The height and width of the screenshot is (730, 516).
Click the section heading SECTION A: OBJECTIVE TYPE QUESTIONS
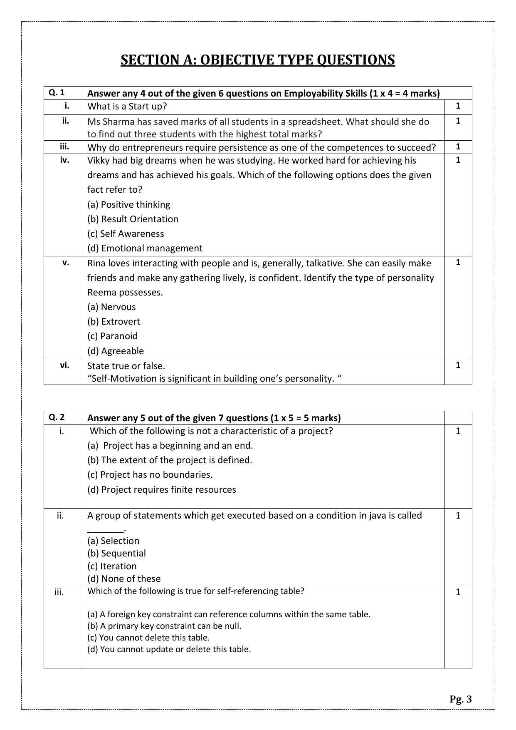click(x=258, y=60)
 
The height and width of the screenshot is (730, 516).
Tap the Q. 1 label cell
click(x=57, y=93)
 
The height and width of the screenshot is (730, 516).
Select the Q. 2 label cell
click(x=57, y=417)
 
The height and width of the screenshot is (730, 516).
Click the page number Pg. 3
click(x=460, y=699)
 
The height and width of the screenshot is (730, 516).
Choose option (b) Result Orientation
click(x=133, y=219)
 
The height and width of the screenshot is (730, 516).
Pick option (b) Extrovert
click(x=114, y=321)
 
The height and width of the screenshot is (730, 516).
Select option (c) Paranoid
click(x=112, y=336)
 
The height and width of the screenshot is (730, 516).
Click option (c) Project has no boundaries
click(x=150, y=474)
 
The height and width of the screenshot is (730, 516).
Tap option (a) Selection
click(x=113, y=541)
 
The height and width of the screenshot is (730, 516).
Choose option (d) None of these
click(x=123, y=579)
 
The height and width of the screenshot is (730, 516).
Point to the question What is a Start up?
click(x=127, y=106)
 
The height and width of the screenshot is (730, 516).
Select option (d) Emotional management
click(x=145, y=248)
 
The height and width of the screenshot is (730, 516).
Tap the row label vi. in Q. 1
click(x=64, y=365)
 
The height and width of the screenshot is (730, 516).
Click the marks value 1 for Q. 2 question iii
click(x=458, y=592)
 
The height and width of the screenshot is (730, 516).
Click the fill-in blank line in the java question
click(x=106, y=530)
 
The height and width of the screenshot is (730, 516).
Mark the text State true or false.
click(x=126, y=366)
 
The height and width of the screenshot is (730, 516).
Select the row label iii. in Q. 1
click(x=64, y=146)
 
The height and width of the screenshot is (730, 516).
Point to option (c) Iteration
click(x=112, y=566)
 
